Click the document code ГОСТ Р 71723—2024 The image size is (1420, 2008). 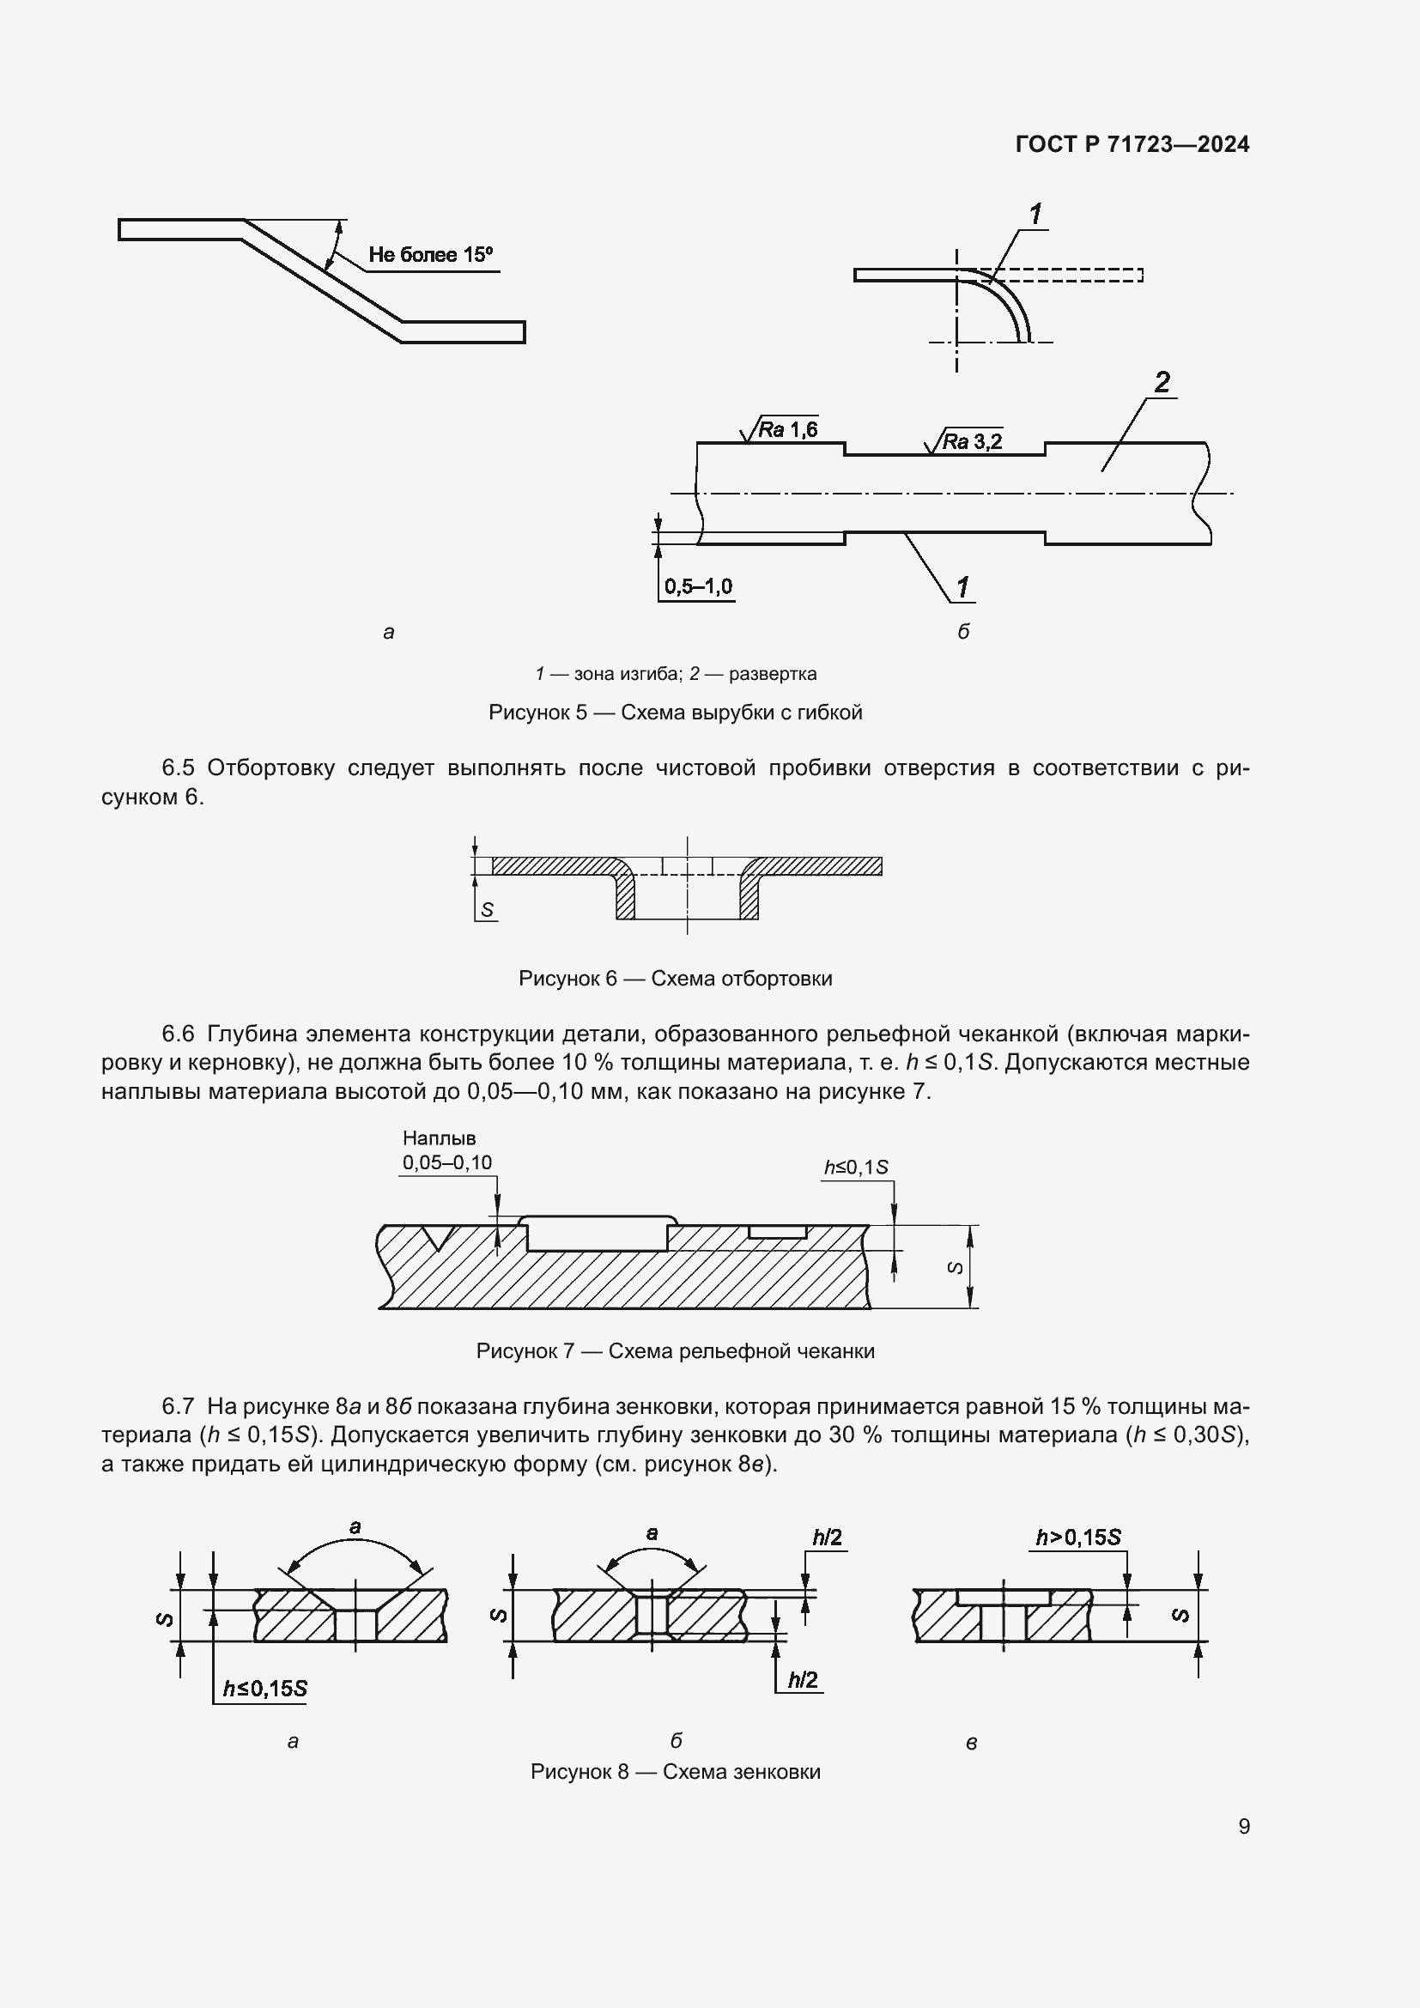[x=1132, y=144]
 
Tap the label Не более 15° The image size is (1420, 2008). [x=430, y=255]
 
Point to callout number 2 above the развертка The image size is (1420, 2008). [x=1162, y=382]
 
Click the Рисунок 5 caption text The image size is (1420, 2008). [x=675, y=712]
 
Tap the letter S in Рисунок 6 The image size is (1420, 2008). [x=487, y=909]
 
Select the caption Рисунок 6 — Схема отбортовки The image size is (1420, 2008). [x=675, y=978]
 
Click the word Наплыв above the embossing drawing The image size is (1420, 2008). [x=439, y=1137]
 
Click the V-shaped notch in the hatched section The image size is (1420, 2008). [x=435, y=1236]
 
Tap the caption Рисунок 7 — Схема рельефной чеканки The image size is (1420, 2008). [x=675, y=1351]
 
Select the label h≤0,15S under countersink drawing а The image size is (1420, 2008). [x=264, y=1689]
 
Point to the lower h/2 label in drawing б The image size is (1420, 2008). [x=802, y=1680]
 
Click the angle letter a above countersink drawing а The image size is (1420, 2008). [x=355, y=1528]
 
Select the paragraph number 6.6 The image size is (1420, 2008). [x=178, y=1034]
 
